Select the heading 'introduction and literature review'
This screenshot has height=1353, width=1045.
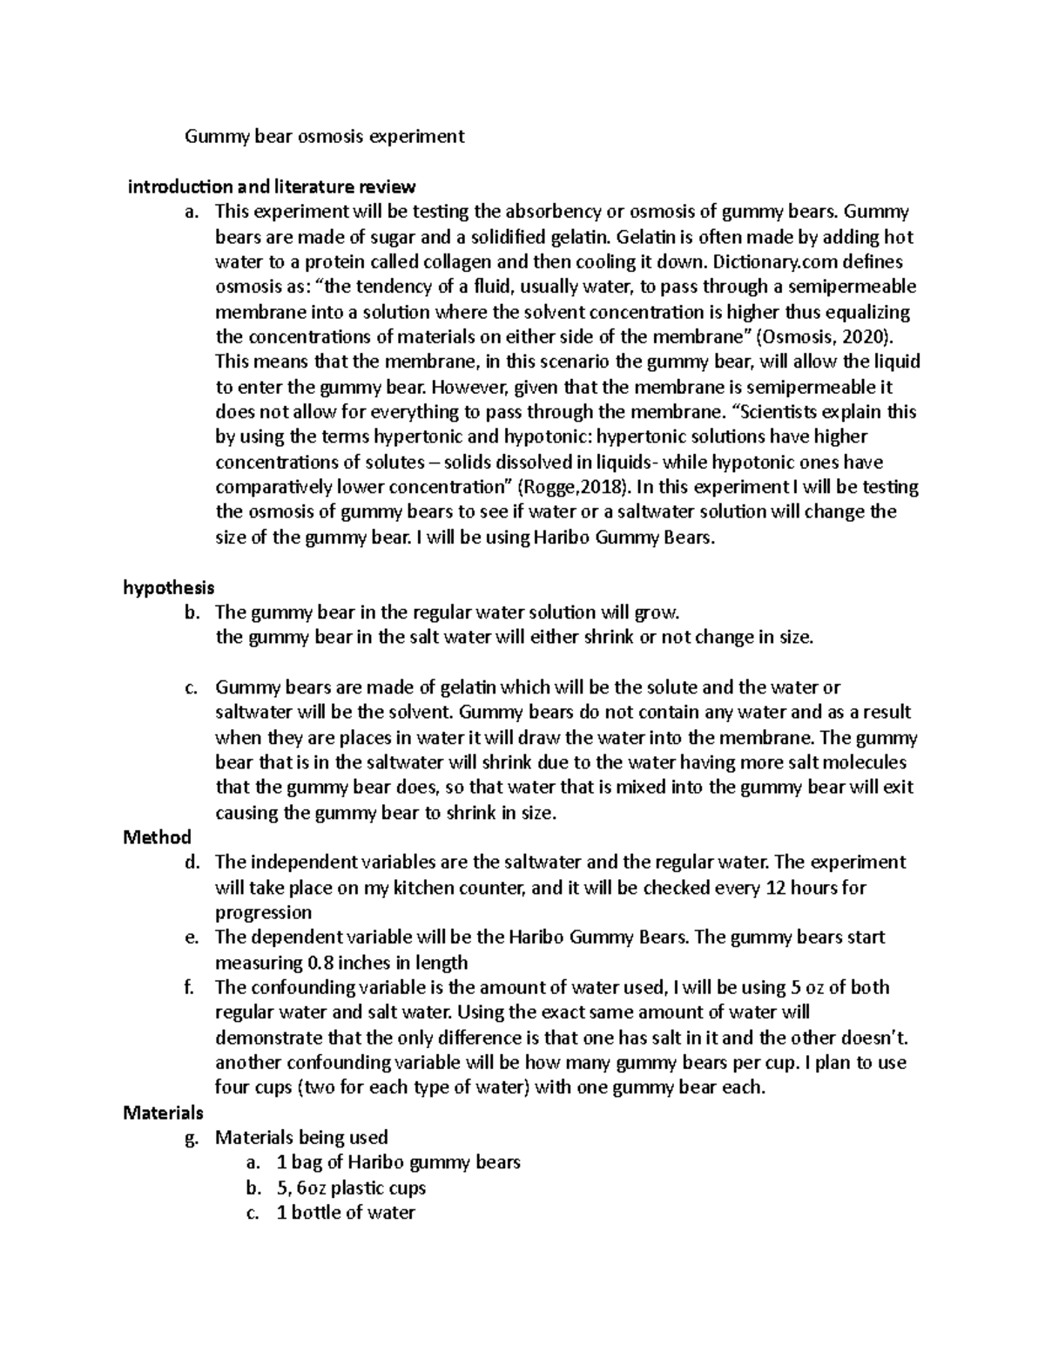272,186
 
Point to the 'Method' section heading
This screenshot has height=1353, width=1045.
157,837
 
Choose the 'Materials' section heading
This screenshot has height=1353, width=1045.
163,1113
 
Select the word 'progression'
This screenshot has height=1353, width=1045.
263,912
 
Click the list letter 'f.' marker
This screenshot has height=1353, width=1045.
191,987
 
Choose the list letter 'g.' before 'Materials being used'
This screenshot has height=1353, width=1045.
192,1137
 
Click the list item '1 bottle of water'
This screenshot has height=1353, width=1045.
345,1212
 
